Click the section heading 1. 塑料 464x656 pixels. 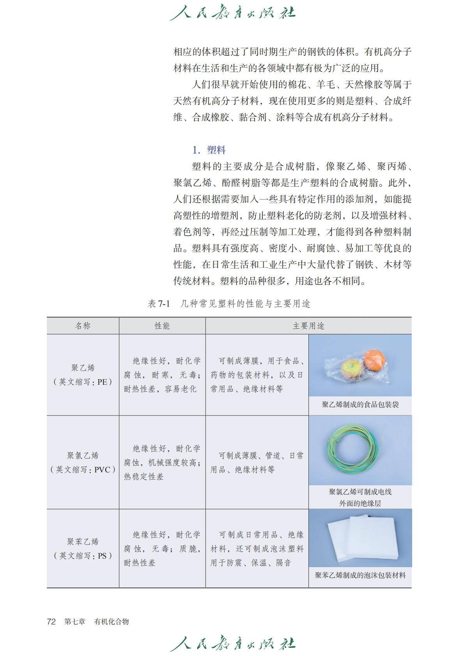point(209,150)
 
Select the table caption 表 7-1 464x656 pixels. point(159,304)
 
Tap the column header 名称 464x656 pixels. point(83,326)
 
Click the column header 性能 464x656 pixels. point(162,326)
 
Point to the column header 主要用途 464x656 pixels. point(308,326)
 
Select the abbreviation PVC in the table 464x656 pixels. point(102,470)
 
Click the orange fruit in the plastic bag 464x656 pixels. point(375,361)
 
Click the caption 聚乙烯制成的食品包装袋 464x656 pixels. point(360,405)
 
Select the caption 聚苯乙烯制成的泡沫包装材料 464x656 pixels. point(360,575)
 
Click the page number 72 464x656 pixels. point(51,622)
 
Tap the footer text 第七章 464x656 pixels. point(75,622)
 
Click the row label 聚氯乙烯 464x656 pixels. point(83,455)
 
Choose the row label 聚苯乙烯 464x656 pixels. point(83,541)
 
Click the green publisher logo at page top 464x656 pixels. point(232,12)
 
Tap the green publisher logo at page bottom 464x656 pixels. point(232,643)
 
